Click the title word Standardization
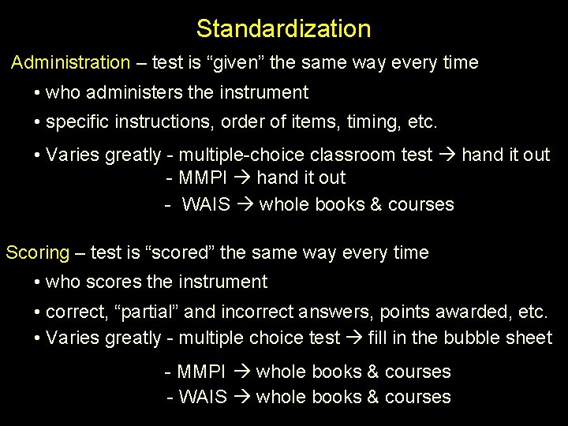[x=283, y=29]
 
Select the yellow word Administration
[x=70, y=62]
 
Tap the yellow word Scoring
[x=38, y=253]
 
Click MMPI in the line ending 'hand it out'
[x=203, y=178]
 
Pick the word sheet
[x=529, y=338]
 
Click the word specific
[x=76, y=123]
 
